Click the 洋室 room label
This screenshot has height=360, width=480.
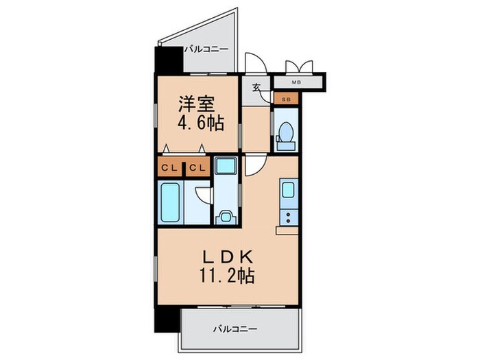point(197,104)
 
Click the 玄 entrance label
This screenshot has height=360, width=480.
point(256,87)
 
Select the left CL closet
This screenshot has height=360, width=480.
point(169,167)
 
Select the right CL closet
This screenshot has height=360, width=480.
point(197,167)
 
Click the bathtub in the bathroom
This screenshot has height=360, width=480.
point(171,202)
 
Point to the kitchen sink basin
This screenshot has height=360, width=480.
point(287,189)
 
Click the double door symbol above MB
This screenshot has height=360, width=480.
point(299,67)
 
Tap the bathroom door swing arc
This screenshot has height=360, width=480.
point(202,194)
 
